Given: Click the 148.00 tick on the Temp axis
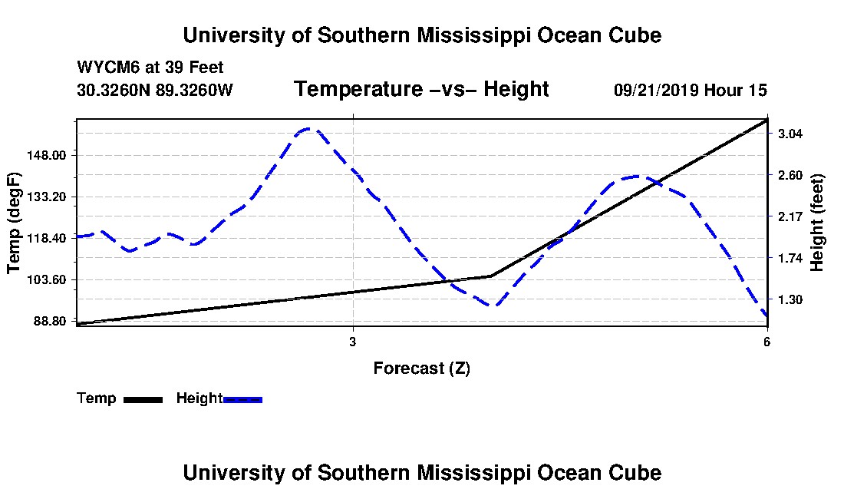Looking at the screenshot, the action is coord(46,156).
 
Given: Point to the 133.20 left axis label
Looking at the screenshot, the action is coord(46,197).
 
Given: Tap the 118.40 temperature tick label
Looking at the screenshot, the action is coord(46,239).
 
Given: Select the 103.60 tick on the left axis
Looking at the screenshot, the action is coord(46,280).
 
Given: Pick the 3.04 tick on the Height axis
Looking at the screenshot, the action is coord(790,134).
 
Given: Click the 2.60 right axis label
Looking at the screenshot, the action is coord(790,176).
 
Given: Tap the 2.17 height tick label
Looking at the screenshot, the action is coord(790,217).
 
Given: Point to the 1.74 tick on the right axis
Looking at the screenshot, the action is coord(790,259).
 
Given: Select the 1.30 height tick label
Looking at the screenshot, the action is coord(790,300).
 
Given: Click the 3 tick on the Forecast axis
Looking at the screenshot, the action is coord(353,342).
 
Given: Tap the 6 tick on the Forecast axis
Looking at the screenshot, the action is coord(767,342).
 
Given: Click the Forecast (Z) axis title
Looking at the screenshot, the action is coord(422,368).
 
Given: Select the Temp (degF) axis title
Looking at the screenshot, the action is coord(14,223).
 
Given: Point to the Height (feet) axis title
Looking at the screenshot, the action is coord(816,223).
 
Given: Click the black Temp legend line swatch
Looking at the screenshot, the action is coord(143,399).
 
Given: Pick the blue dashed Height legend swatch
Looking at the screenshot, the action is coord(242,399).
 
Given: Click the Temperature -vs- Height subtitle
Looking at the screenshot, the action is coord(421,89).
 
